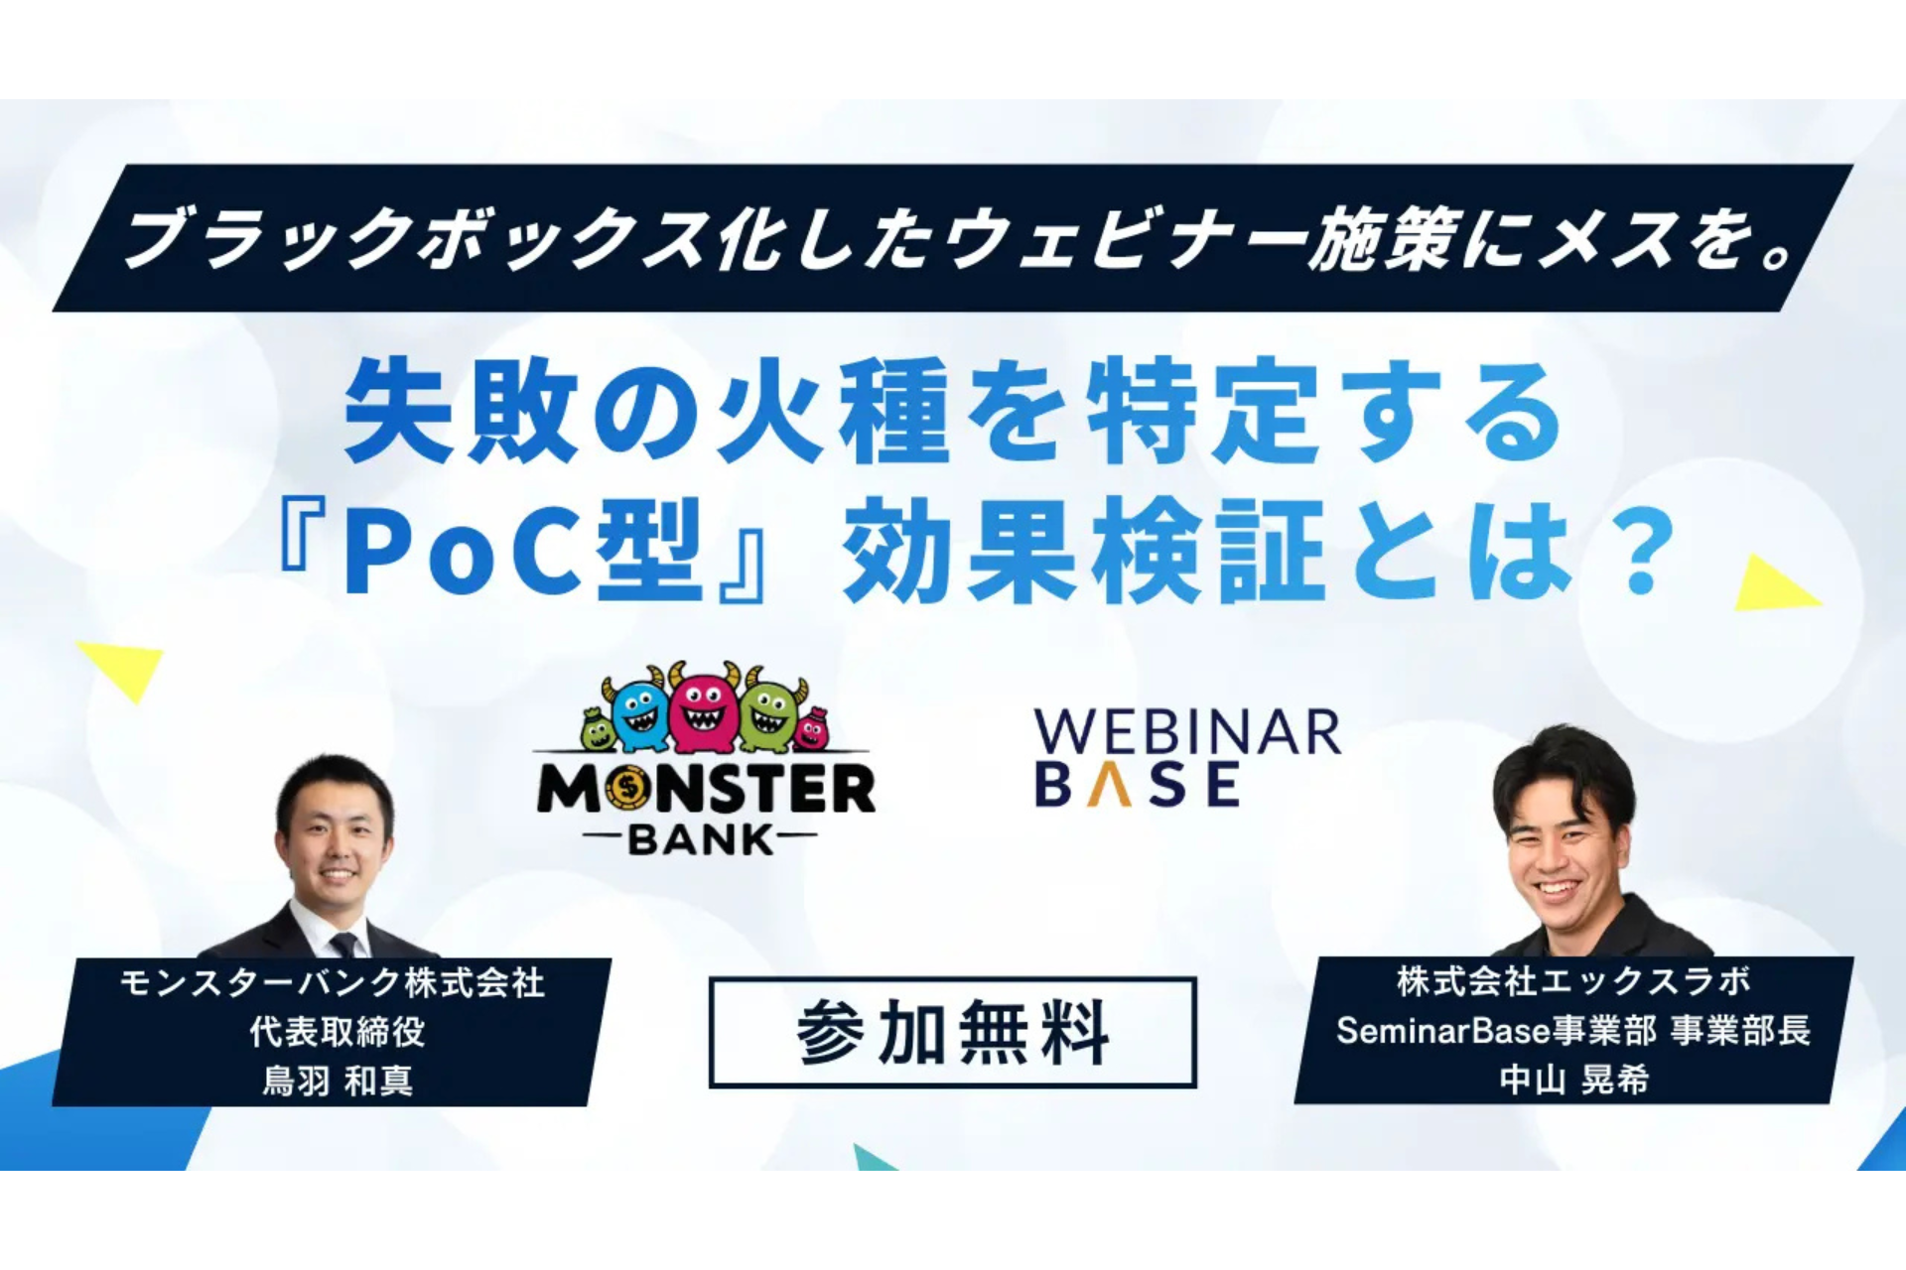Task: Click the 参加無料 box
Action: pyautogui.click(x=952, y=1032)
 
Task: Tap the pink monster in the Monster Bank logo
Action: pyautogui.click(x=703, y=709)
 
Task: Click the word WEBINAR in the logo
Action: pyautogui.click(x=1187, y=732)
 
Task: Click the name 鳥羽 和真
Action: pyautogui.click(x=337, y=1080)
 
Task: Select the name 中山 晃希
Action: pyautogui.click(x=1573, y=1079)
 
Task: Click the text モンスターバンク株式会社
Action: pyautogui.click(x=333, y=983)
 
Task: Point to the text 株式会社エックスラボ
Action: pyautogui.click(x=1573, y=981)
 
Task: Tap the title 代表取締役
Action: pyautogui.click(x=338, y=1032)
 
